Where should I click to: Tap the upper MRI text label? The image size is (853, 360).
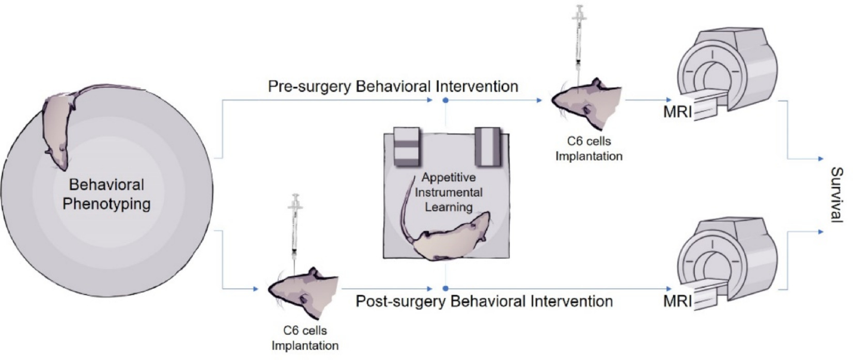tap(677, 112)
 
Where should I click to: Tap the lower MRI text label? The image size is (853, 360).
tap(677, 301)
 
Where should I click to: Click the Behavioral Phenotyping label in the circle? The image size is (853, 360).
tap(106, 194)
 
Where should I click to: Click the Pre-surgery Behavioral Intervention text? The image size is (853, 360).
tap(393, 86)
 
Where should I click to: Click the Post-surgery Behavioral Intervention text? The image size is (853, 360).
tap(484, 301)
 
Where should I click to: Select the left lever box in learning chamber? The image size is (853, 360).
tap(408, 147)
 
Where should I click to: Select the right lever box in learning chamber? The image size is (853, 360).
tap(487, 147)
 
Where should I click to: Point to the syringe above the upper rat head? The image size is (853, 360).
tap(580, 44)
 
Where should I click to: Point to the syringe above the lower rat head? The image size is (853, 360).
tap(296, 227)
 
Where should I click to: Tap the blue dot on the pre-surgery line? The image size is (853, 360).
tap(445, 100)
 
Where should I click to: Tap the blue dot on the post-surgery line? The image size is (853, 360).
tap(445, 289)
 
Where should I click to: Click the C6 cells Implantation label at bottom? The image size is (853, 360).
tap(305, 338)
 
